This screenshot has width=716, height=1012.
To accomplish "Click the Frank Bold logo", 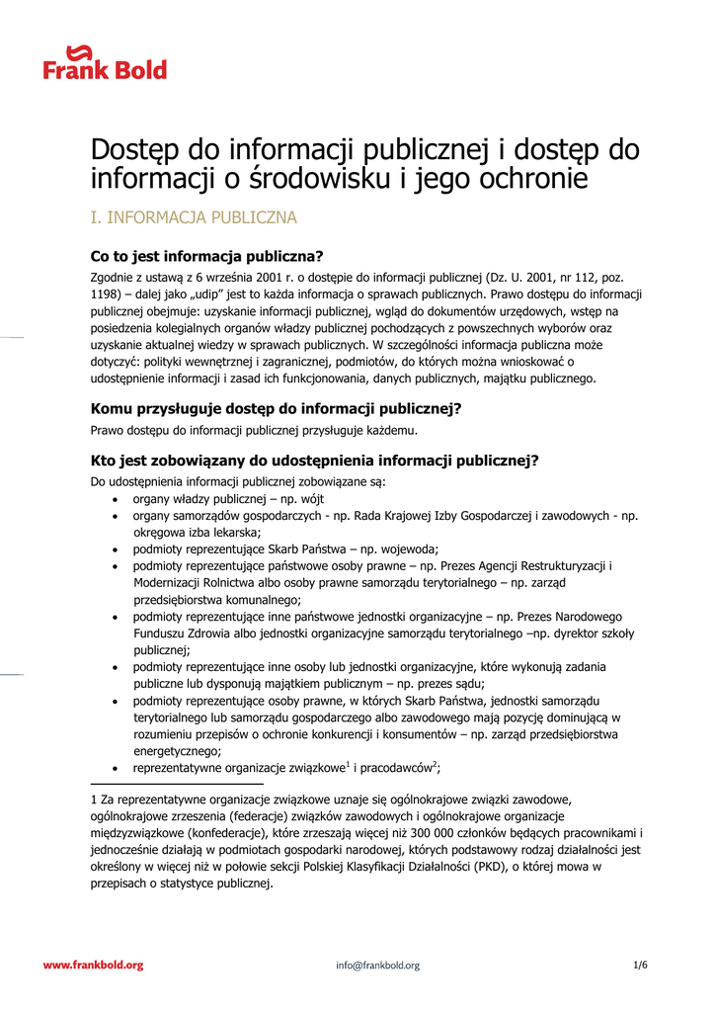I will tap(105, 62).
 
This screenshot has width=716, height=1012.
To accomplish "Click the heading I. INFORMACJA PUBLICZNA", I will tap(194, 217).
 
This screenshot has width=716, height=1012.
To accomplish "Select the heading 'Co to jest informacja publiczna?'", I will tap(207, 256).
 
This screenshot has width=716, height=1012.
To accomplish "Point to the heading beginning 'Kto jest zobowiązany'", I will tap(314, 461).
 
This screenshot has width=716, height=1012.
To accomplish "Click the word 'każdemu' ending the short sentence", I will tap(392, 430).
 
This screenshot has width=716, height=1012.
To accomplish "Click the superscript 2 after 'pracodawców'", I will tap(435, 764).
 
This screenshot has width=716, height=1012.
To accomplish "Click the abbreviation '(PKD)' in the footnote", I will tap(487, 867).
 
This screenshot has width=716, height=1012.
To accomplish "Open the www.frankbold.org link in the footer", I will tap(93, 965).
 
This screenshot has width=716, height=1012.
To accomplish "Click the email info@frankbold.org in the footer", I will tap(377, 966).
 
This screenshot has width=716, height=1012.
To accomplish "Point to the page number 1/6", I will tap(640, 965).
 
